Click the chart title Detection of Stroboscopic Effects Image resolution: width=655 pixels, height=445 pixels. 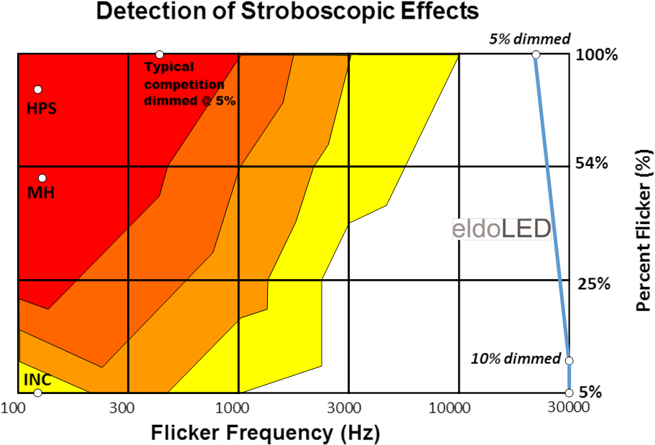(287, 11)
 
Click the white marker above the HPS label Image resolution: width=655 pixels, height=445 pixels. (38, 90)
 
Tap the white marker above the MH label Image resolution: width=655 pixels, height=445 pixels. (42, 178)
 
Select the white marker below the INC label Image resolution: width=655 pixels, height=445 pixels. (37, 393)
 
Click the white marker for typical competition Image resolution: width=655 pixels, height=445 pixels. (159, 55)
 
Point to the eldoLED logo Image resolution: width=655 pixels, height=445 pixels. (501, 229)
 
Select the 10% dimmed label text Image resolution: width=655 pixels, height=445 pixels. (515, 359)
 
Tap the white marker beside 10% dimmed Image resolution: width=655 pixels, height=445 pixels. (569, 360)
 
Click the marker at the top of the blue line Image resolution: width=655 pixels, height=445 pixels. (536, 55)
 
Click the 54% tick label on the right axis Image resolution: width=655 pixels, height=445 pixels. (592, 164)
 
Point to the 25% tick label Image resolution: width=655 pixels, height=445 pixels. (593, 284)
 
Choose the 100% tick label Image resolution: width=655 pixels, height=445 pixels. (595, 55)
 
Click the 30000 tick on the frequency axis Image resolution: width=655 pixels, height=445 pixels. (569, 408)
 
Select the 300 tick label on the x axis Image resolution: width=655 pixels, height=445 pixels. (124, 408)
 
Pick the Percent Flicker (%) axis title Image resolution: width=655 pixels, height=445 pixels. (644, 230)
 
